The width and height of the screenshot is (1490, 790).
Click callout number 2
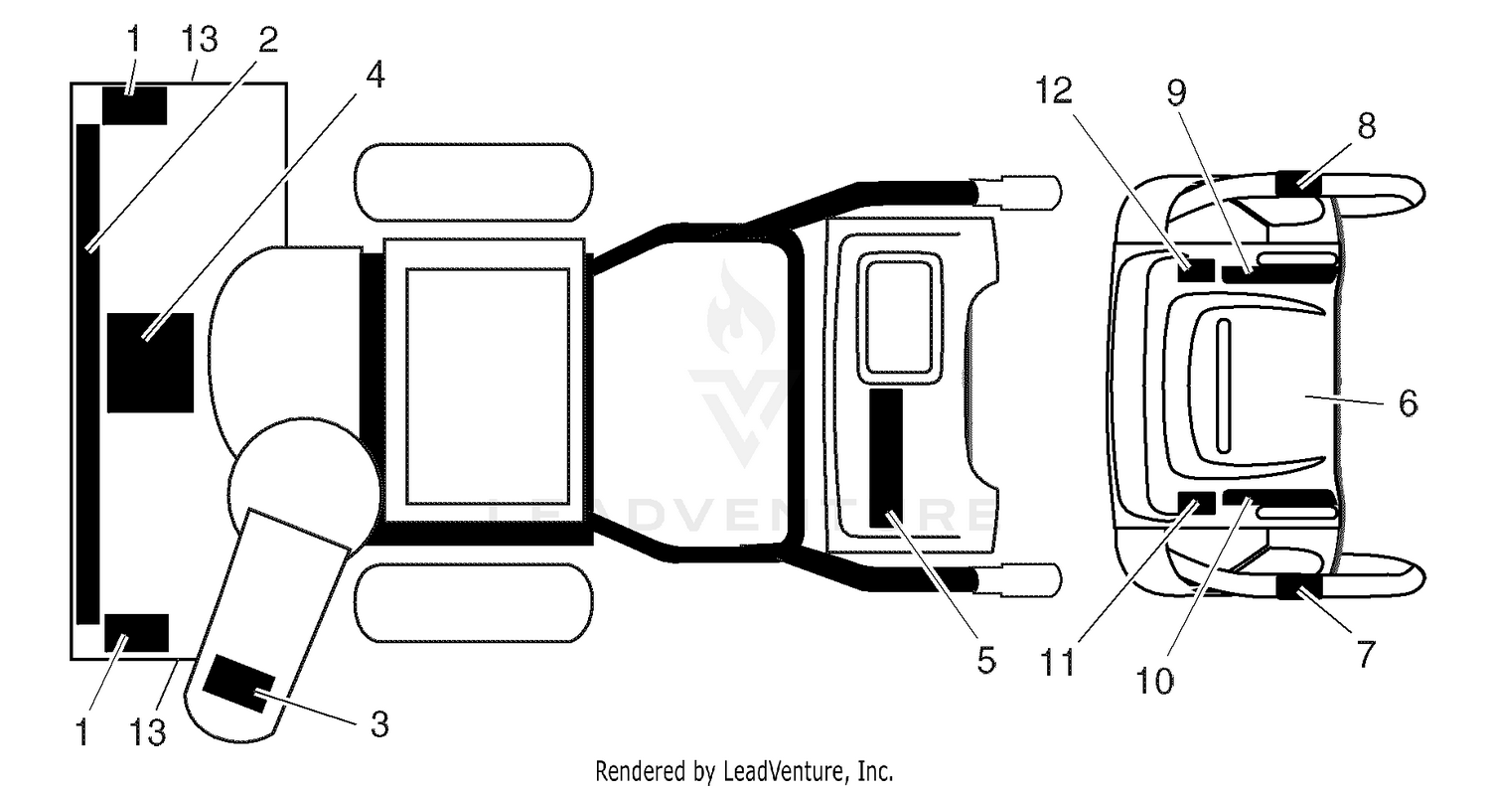pyautogui.click(x=267, y=40)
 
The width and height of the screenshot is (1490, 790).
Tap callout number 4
pyautogui.click(x=375, y=75)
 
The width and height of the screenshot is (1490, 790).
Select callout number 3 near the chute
pyautogui.click(x=379, y=724)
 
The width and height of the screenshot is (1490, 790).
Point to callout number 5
pyautogui.click(x=985, y=660)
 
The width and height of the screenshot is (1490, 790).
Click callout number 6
pyautogui.click(x=1408, y=402)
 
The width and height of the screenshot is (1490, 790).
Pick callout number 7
pyautogui.click(x=1365, y=654)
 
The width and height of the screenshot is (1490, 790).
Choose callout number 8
pyautogui.click(x=1366, y=125)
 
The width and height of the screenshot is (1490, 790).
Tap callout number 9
pyautogui.click(x=1177, y=92)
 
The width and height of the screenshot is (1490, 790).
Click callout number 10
pyautogui.click(x=1154, y=681)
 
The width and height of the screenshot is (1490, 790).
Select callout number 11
pyautogui.click(x=1058, y=662)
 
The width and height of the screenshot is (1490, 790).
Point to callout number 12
pyautogui.click(x=1054, y=90)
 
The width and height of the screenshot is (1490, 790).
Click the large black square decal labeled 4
pyautogui.click(x=150, y=363)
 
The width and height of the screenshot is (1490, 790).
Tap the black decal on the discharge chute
pyautogui.click(x=238, y=684)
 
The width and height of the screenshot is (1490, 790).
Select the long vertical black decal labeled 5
pyautogui.click(x=886, y=458)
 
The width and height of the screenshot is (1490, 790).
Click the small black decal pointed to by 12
pyautogui.click(x=1196, y=270)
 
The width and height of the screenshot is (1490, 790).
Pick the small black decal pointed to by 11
pyautogui.click(x=1196, y=503)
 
